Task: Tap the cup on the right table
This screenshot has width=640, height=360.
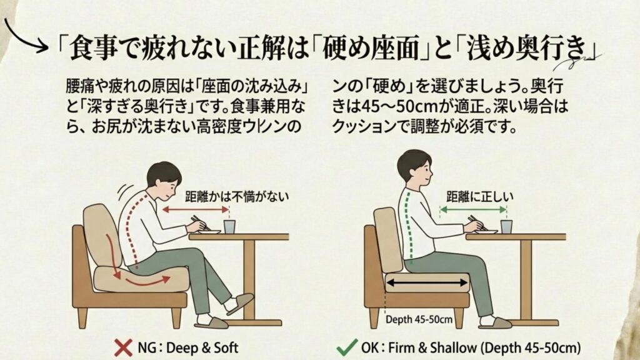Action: click(506, 226)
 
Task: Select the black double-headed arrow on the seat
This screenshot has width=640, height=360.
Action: click(428, 283)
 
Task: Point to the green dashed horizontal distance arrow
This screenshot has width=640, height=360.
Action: click(472, 211)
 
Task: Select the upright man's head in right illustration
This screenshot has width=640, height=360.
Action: click(414, 167)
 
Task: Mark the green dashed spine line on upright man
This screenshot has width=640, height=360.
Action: click(408, 225)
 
